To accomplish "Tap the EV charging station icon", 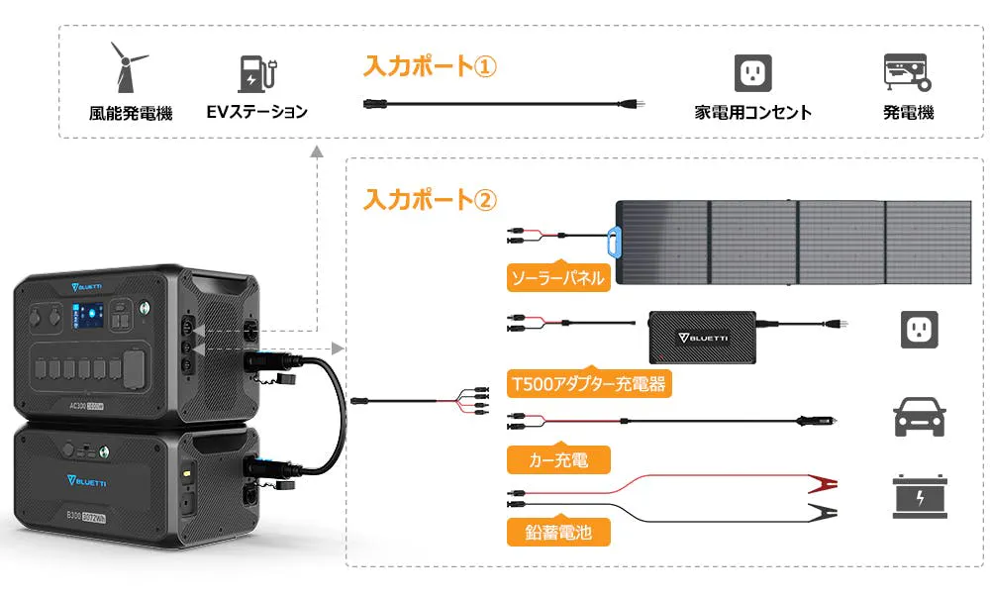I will click(255, 72).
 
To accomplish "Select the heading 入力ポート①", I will click(429, 66).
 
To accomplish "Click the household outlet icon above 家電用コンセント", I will click(752, 72).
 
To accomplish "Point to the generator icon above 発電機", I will click(905, 71).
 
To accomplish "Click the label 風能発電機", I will click(130, 113).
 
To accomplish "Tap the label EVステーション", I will click(256, 112).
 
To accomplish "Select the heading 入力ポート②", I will click(429, 199).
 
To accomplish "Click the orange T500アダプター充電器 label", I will click(588, 383).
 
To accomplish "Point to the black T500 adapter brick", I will click(701, 335).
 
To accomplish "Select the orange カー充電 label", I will click(557, 459).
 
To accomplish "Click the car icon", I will click(919, 417).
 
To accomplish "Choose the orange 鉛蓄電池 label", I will click(557, 533).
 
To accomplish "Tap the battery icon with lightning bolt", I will click(919, 496).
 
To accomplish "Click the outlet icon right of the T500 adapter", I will click(919, 329).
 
